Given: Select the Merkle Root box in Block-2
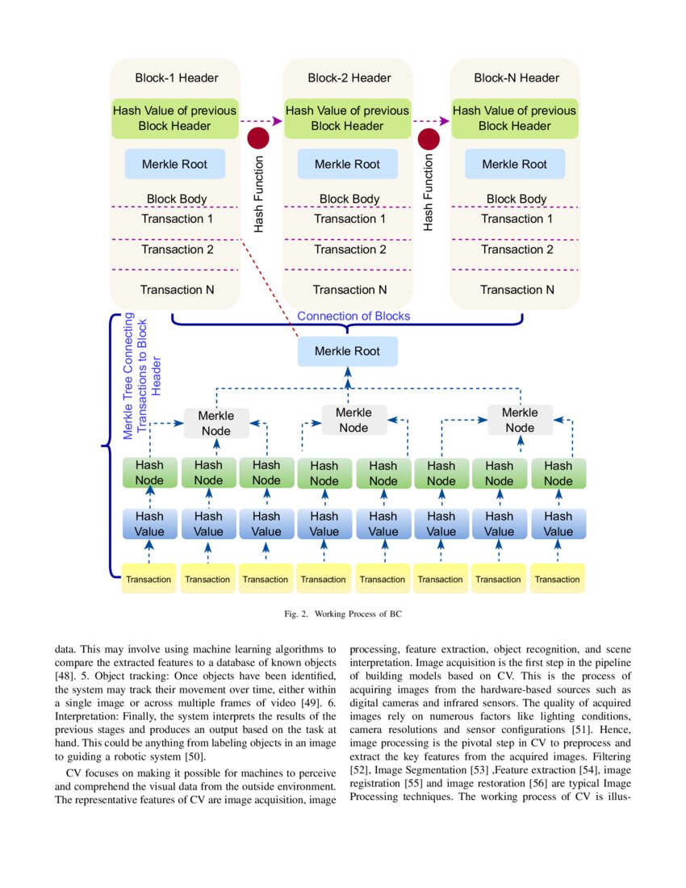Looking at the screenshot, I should [x=347, y=164].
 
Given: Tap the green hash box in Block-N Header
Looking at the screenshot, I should [x=514, y=118].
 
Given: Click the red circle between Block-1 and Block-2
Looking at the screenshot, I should [x=257, y=138].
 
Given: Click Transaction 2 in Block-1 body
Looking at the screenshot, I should [x=177, y=249].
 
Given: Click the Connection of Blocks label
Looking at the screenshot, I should [x=353, y=316].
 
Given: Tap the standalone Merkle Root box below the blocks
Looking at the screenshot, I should [x=347, y=351].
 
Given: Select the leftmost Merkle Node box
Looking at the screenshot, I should [x=215, y=423].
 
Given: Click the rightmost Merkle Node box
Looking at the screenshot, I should [x=520, y=420].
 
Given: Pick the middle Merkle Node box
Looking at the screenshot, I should [x=353, y=420].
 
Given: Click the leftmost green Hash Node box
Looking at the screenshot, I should [x=149, y=473].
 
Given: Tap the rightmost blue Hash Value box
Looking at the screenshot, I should [x=558, y=524].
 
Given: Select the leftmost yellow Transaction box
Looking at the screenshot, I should [x=148, y=580].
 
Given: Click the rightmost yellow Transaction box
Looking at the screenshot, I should [x=557, y=580].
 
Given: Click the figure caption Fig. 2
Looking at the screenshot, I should [x=343, y=614].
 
